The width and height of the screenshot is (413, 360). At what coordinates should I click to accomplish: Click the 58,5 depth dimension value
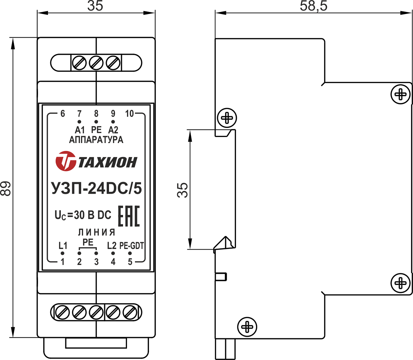click(x=313, y=6)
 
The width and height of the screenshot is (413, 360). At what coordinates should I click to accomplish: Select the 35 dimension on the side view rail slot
click(x=183, y=190)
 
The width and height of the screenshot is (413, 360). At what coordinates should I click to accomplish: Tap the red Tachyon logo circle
click(x=66, y=161)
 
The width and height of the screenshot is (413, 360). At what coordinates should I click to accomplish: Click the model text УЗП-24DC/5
click(x=96, y=189)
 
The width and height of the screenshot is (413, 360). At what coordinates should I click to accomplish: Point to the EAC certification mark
click(x=129, y=216)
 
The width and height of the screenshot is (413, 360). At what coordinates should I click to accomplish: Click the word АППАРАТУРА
click(x=96, y=140)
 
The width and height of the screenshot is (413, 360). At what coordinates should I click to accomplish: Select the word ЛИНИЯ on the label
click(x=97, y=232)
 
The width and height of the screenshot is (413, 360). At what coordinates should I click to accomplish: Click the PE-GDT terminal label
click(x=131, y=246)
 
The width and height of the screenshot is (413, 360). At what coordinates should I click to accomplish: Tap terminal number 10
click(x=129, y=114)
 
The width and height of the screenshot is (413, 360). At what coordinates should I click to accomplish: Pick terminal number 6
click(x=63, y=114)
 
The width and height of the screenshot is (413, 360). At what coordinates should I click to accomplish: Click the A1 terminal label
click(x=80, y=130)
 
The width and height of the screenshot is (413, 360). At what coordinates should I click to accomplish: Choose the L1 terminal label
click(x=63, y=246)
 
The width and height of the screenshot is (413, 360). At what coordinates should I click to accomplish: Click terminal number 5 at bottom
click(x=130, y=262)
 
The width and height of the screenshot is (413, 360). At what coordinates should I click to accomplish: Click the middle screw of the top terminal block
click(x=96, y=63)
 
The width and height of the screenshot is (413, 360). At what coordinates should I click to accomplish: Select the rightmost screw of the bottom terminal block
click(x=130, y=312)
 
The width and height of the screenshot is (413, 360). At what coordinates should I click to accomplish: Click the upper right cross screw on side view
click(x=400, y=94)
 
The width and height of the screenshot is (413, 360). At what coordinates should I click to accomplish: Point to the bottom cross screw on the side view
click(x=247, y=327)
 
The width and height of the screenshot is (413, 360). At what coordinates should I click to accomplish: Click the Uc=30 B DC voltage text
click(x=83, y=215)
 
